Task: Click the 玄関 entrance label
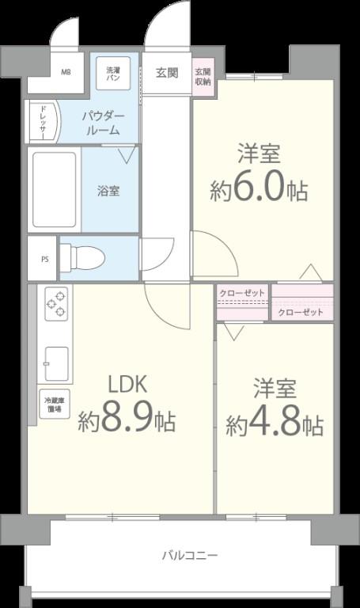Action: pos(166,74)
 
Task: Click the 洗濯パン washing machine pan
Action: pos(112,74)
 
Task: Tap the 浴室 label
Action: pos(108,191)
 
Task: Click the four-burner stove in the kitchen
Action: pos(55,304)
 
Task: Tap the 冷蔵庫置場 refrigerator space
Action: pos(55,405)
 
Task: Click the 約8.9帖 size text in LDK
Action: pos(127,420)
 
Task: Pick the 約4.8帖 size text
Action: pos(274,424)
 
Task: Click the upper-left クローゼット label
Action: pos(242,292)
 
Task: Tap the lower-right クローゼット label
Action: pos(301,313)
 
